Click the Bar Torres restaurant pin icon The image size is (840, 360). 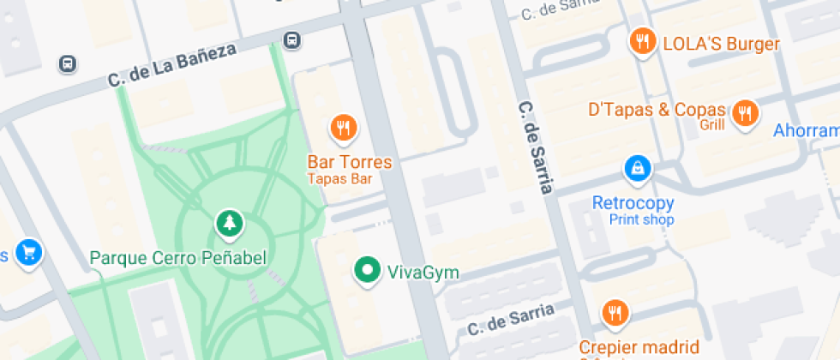(344, 129)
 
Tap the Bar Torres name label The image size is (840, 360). (350, 162)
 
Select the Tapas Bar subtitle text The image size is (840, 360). (340, 179)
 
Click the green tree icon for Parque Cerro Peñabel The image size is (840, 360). (229, 224)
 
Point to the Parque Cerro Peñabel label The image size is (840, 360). (178, 257)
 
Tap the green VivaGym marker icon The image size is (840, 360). (368, 271)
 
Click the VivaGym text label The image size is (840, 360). (423, 273)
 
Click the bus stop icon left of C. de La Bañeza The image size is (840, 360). (67, 63)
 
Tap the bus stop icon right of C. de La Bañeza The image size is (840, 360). (292, 39)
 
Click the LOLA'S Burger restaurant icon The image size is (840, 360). (641, 40)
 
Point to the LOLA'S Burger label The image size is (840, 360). (721, 45)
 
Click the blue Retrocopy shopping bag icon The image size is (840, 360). (638, 169)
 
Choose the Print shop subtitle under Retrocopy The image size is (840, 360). (641, 220)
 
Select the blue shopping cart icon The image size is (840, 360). (29, 253)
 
